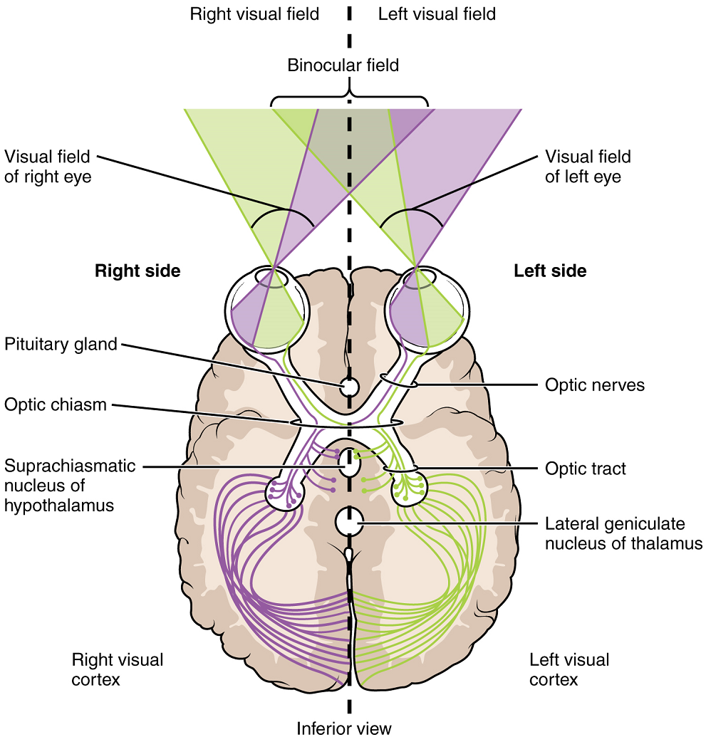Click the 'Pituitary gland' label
(61, 345)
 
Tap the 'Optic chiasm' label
(55, 404)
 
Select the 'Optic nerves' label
(595, 385)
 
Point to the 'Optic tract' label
(586, 469)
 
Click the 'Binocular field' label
(343, 66)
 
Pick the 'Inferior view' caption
(344, 727)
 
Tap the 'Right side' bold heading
(137, 271)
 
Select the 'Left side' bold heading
(550, 271)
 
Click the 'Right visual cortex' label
(118, 669)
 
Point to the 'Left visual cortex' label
(569, 669)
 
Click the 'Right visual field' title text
(254, 14)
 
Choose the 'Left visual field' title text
(437, 14)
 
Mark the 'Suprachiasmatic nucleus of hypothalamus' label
(69, 486)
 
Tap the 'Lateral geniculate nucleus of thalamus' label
(624, 533)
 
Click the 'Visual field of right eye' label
(48, 166)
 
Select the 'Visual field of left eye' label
(588, 166)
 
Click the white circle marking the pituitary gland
(349, 387)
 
